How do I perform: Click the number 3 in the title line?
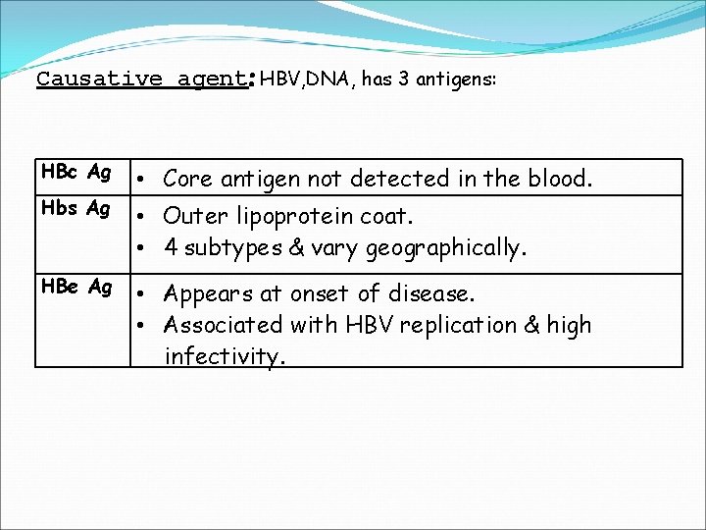405,79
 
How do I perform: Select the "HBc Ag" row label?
76,173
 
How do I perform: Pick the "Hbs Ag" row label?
76,208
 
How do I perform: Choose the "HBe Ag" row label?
76,287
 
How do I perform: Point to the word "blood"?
561,179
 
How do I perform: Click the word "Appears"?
206,294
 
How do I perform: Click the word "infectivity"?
225,355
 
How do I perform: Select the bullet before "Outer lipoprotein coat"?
143,216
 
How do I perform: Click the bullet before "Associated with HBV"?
143,325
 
